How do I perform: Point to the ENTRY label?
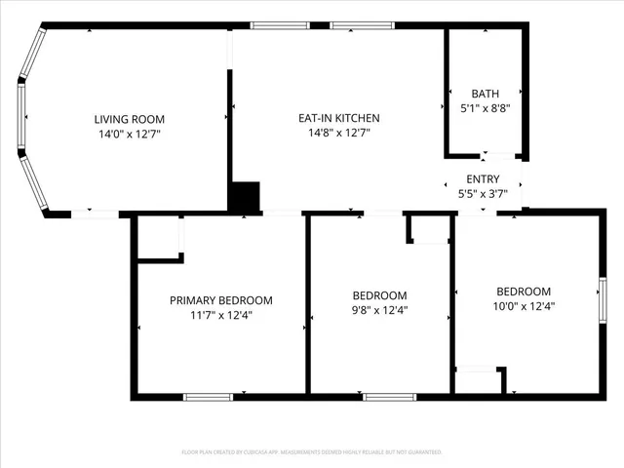[483, 178]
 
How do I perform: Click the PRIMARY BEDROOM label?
[221, 300]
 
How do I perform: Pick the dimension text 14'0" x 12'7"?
[129, 134]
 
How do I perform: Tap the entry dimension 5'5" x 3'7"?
[483, 194]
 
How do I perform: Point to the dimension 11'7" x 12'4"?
[221, 315]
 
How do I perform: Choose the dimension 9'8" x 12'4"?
[379, 311]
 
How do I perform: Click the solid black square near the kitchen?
[245, 197]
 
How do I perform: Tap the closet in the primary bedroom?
[159, 238]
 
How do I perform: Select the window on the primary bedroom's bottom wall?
[208, 397]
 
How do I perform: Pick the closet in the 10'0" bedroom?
[480, 380]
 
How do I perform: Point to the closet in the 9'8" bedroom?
[428, 228]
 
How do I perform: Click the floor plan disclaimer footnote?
[312, 452]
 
